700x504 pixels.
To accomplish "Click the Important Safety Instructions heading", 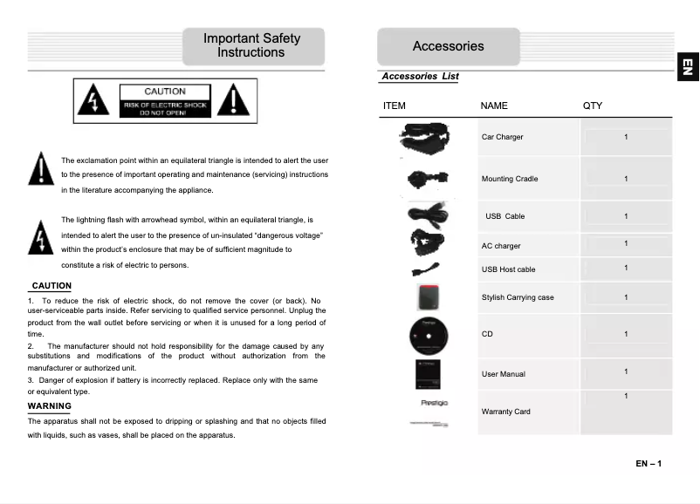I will pyautogui.click(x=251, y=45).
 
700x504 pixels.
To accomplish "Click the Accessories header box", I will pyautogui.click(x=448, y=46).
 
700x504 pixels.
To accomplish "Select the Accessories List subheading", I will pyautogui.click(x=420, y=77).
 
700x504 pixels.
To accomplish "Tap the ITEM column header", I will pyautogui.click(x=395, y=106).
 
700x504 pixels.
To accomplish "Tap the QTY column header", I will pyautogui.click(x=593, y=106).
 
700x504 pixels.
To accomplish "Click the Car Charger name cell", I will pyautogui.click(x=503, y=137).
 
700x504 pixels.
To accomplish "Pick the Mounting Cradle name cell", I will pyautogui.click(x=510, y=179).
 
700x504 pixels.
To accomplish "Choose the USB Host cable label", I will pyautogui.click(x=508, y=269).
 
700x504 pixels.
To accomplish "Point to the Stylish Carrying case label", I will pyautogui.click(x=518, y=297).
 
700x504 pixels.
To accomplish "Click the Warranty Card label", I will pyautogui.click(x=505, y=412).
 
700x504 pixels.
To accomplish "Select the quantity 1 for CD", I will pyautogui.click(x=626, y=334).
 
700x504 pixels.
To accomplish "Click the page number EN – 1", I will pyautogui.click(x=649, y=463).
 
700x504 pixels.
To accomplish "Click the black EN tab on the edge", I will pyautogui.click(x=688, y=67).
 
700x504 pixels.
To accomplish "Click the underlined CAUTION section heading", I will pyautogui.click(x=51, y=286).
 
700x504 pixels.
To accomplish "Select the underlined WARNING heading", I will pyautogui.click(x=50, y=406).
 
